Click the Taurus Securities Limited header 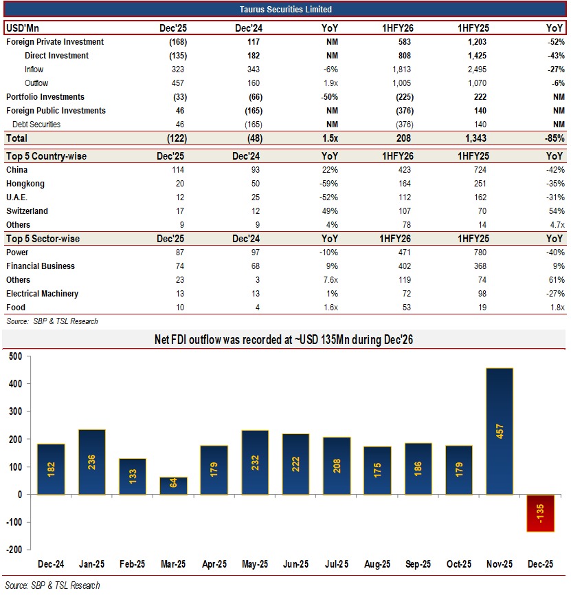click(285, 10)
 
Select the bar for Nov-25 click(500, 431)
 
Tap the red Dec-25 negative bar click(540, 513)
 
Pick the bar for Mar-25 click(173, 485)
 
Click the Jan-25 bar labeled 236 click(91, 462)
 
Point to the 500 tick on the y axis click(15, 356)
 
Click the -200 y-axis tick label click(13, 550)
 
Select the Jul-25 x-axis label click(336, 564)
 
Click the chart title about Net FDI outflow click(284, 339)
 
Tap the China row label click(17, 170)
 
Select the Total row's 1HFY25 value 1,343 click(475, 138)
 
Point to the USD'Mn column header click(23, 28)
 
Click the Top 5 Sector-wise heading click(43, 239)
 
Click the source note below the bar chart click(52, 585)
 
